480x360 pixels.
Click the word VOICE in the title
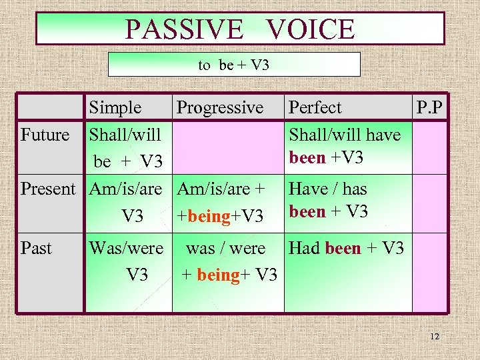coord(310,29)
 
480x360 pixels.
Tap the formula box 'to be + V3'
coord(233,65)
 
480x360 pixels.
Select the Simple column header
coord(115,107)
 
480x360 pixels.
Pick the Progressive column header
coord(220,107)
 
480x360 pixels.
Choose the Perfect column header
coord(315,107)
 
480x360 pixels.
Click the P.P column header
coord(430,107)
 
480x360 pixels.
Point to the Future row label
coord(45,135)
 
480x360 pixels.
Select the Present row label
coord(49,189)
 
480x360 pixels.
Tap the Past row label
coord(36,249)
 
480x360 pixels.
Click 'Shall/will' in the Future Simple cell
coord(125,135)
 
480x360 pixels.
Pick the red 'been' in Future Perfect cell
coord(307,159)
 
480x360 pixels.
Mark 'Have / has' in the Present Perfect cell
coord(327,189)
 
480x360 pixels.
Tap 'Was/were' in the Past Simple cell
coord(126,249)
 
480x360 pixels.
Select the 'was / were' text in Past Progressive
coord(225,249)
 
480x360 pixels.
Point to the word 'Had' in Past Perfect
coord(305,249)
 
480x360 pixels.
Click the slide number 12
coord(435,337)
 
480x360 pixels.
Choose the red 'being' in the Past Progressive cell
coord(218,274)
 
